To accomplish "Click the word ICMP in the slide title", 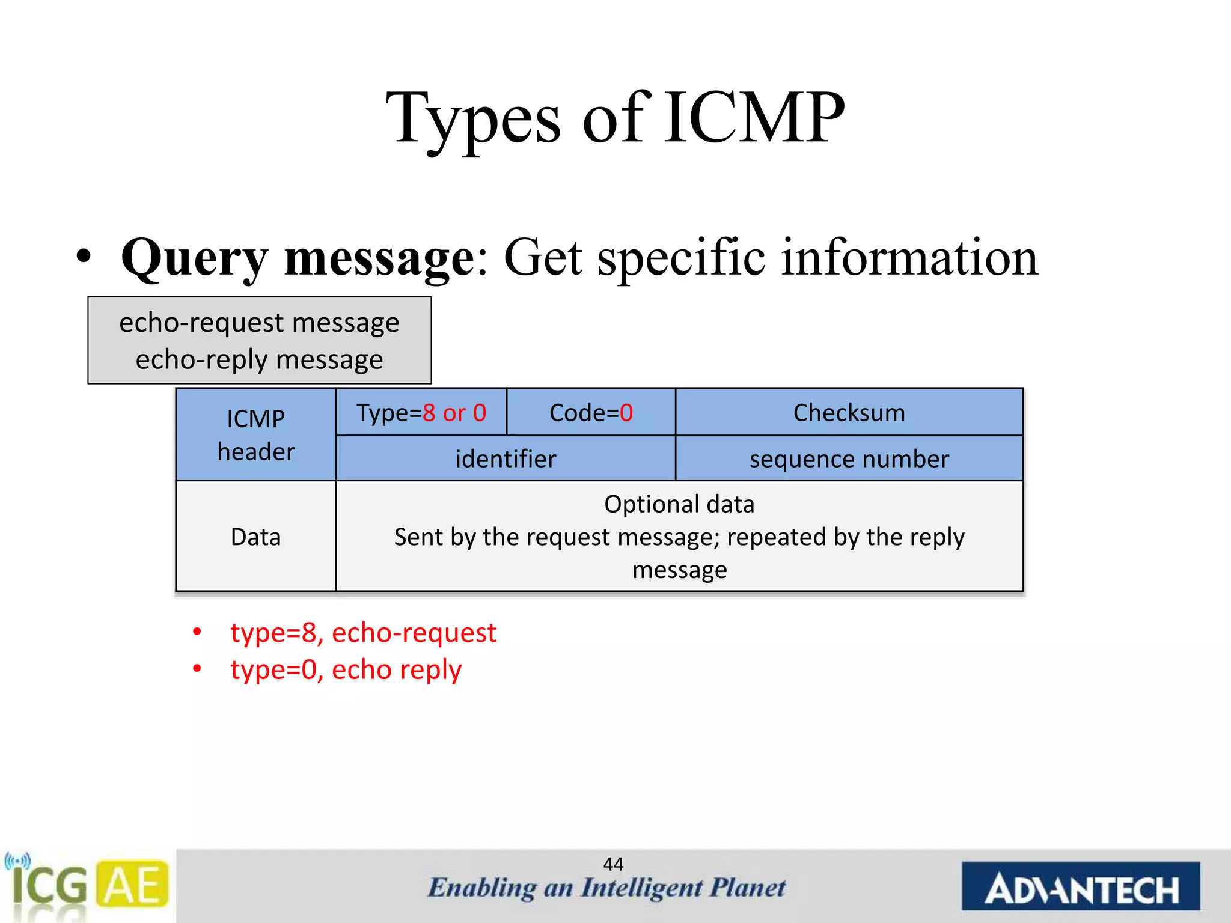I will (x=754, y=117).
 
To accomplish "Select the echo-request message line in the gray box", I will (x=259, y=323).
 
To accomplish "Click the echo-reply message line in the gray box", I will (x=259, y=359).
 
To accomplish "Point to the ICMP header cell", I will (x=256, y=434).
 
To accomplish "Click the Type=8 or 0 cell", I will (x=421, y=413).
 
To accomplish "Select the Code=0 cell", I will (x=591, y=413).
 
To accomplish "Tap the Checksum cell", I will (x=849, y=413).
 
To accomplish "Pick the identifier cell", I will (x=506, y=459).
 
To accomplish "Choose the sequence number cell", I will (x=849, y=459).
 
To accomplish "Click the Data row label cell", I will (x=256, y=537).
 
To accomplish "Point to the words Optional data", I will (x=679, y=504).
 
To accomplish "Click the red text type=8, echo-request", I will (x=363, y=633).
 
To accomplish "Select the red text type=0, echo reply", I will (x=346, y=669).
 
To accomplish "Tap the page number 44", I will (x=613, y=864).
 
